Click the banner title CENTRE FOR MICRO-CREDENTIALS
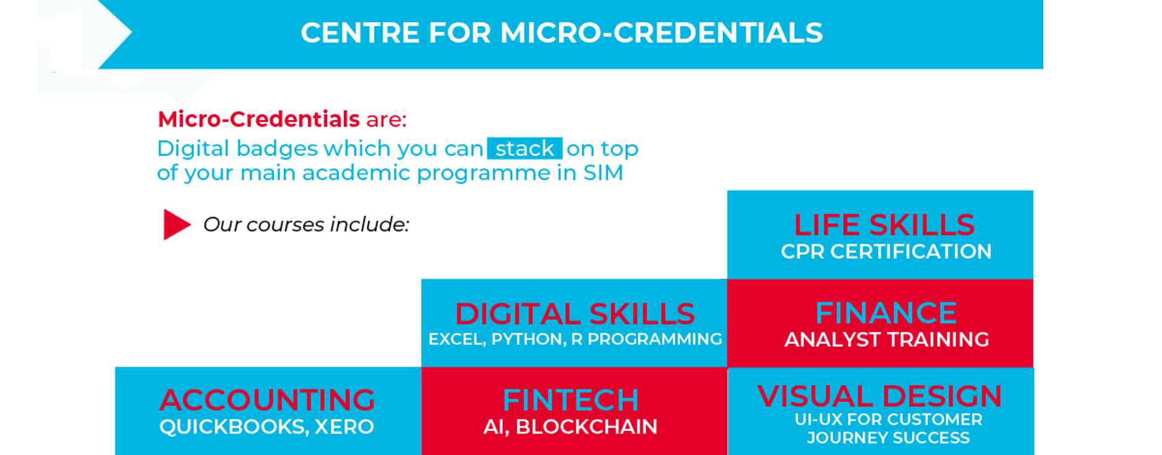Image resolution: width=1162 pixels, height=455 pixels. (562, 33)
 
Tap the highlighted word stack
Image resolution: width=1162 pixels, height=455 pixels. (524, 148)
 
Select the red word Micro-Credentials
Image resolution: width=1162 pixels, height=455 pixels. (258, 119)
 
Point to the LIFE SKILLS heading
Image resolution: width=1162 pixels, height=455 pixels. (884, 225)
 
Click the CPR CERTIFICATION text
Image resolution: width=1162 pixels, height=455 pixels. (886, 252)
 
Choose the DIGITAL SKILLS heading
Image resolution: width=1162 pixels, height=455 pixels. (575, 314)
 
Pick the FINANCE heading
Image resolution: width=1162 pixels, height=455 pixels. (886, 313)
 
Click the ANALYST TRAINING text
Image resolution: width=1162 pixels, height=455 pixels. (886, 339)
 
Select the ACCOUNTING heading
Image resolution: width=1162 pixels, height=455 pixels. (267, 400)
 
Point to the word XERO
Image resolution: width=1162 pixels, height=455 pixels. (344, 427)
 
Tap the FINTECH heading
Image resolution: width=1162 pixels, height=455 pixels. (570, 400)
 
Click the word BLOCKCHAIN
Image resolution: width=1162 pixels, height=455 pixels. (586, 427)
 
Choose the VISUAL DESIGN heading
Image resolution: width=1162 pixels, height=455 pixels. (879, 396)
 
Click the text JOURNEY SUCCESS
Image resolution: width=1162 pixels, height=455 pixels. (888, 438)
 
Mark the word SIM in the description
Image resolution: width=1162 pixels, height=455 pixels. (603, 172)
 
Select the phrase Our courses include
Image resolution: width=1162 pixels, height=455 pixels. (306, 224)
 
